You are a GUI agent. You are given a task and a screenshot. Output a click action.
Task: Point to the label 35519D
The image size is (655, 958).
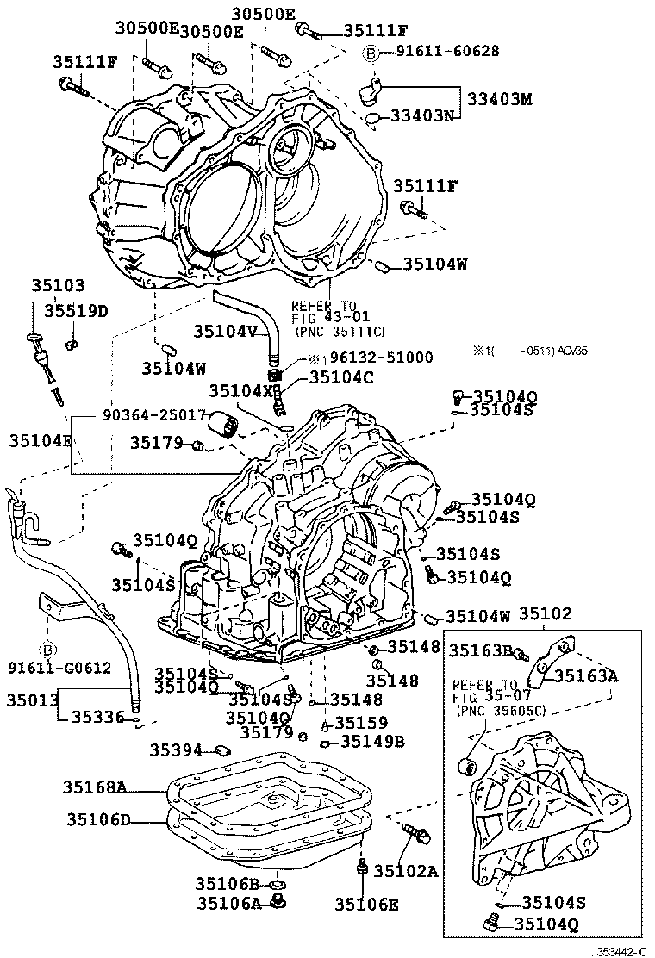pyautogui.click(x=77, y=311)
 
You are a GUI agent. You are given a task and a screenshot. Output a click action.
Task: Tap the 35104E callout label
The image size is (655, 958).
pyautogui.click(x=41, y=440)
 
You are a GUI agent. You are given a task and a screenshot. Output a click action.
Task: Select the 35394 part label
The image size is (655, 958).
pyautogui.click(x=175, y=750)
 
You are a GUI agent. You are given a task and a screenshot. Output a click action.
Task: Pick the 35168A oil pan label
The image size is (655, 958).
pyautogui.click(x=95, y=787)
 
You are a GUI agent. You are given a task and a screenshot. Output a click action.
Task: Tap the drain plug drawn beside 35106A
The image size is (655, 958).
pyautogui.click(x=278, y=902)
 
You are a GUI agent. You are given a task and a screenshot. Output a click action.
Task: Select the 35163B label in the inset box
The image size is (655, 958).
pyautogui.click(x=482, y=650)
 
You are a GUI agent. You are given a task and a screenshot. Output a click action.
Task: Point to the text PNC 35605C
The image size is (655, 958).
pyautogui.click(x=493, y=712)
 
